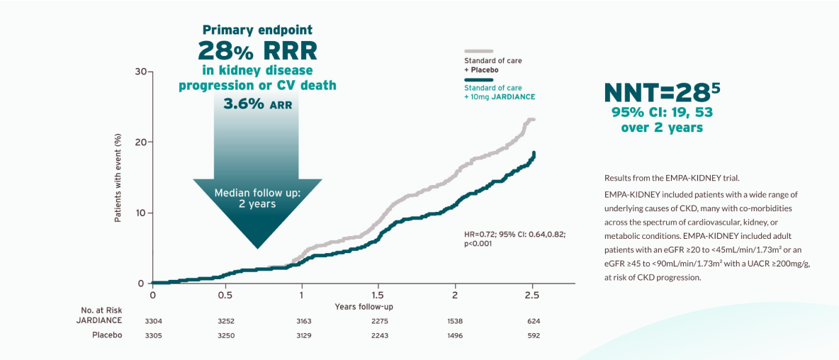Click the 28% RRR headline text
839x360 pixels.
point(257,50)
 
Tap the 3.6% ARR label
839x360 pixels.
point(257,103)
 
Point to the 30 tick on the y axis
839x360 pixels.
point(140,72)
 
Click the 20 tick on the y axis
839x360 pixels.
point(140,142)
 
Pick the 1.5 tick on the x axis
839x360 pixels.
point(378,295)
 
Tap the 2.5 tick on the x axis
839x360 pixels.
point(532,295)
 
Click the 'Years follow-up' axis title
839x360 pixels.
point(364,307)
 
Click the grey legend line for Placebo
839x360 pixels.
point(478,52)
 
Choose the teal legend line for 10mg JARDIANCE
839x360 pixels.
point(478,79)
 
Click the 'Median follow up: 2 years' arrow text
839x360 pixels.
point(257,198)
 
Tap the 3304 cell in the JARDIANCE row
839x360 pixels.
point(153,321)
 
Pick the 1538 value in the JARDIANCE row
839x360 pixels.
point(455,321)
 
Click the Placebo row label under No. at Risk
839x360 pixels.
point(107,335)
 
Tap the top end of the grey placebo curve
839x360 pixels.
point(531,120)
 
